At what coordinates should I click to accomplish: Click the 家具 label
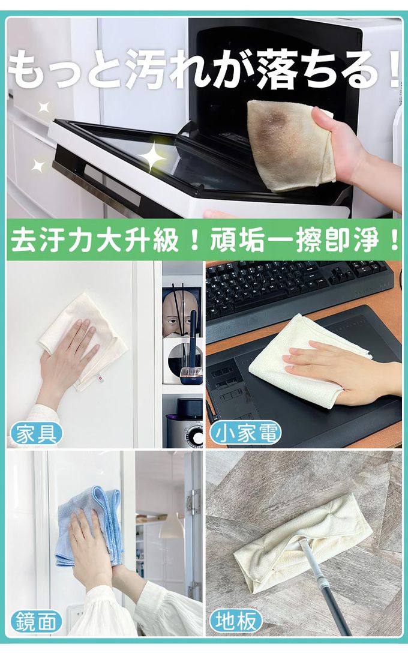coord(36,433)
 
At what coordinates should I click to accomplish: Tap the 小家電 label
coord(245,433)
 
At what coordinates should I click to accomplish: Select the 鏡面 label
coord(36,622)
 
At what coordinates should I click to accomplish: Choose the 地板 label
coord(236,622)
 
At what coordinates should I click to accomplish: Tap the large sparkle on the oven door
coord(152,157)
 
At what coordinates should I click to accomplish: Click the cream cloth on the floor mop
coord(304,537)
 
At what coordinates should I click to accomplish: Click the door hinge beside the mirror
coord(194,502)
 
